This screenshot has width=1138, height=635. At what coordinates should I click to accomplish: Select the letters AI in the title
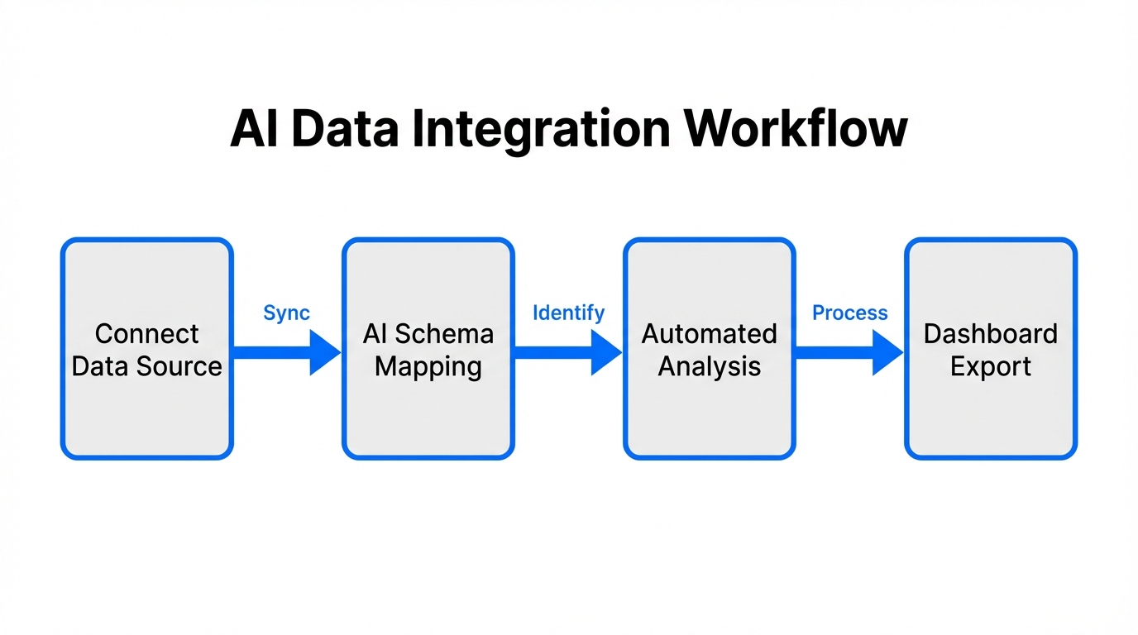pyautogui.click(x=255, y=129)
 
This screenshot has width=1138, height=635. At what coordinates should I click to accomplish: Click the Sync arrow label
pyautogui.click(x=286, y=313)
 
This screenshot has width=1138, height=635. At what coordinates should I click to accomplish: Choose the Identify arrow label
pyautogui.click(x=568, y=313)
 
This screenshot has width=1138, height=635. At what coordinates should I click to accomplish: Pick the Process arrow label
pyautogui.click(x=849, y=313)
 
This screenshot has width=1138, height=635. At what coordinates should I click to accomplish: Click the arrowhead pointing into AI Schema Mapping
pyautogui.click(x=324, y=351)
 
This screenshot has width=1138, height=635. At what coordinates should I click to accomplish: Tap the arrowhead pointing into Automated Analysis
pyautogui.click(x=605, y=351)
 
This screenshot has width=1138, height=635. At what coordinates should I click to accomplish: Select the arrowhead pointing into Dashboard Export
pyautogui.click(x=887, y=351)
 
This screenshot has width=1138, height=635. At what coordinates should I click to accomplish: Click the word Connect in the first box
pyautogui.click(x=147, y=333)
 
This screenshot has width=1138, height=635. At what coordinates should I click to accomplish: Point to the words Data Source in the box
pyautogui.click(x=147, y=366)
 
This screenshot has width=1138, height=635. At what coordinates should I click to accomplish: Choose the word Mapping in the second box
pyautogui.click(x=428, y=366)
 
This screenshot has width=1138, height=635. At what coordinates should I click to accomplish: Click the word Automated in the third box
pyautogui.click(x=710, y=333)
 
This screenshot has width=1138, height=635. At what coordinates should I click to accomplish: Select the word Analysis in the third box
pyautogui.click(x=710, y=366)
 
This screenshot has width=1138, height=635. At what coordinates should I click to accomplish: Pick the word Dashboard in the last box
pyautogui.click(x=991, y=333)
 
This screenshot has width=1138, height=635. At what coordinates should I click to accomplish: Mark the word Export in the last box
pyautogui.click(x=991, y=366)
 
